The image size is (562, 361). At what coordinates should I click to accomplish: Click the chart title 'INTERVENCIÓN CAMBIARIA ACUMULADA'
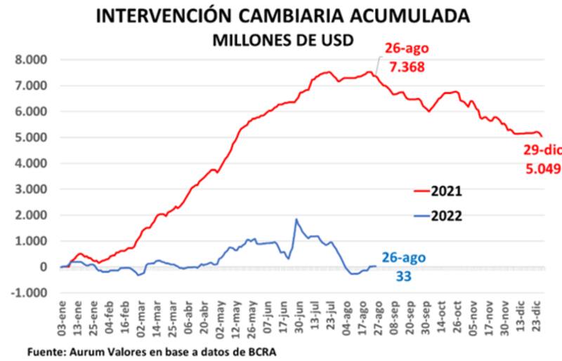(282, 16)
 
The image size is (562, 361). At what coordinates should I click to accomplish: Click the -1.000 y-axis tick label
(30, 293)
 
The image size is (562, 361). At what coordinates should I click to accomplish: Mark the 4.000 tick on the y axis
(32, 163)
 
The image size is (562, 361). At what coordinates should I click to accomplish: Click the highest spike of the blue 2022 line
(296, 219)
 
